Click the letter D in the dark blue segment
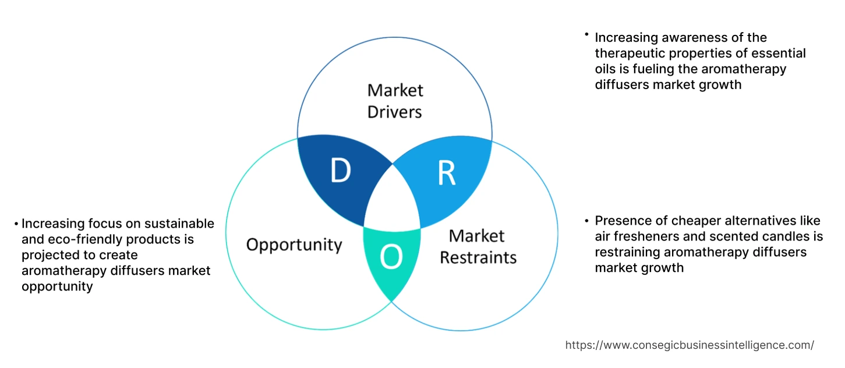pos(341,171)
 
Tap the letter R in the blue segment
pos(446,173)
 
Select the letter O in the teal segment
pos(391,257)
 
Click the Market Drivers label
pos(395,101)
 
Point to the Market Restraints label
pos(478,246)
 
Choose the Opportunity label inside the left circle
pos(294,244)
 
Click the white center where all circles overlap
pos(392,204)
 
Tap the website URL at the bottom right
pos(690,345)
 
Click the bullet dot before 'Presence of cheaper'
pos(587,221)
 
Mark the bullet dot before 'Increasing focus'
pos(16,224)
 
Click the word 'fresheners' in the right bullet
pos(642,236)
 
